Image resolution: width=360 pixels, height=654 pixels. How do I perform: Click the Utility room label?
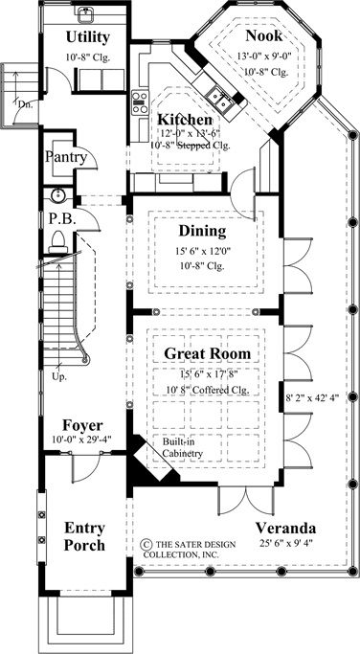tap(87, 37)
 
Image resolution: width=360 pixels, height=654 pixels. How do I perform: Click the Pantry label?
tap(66, 157)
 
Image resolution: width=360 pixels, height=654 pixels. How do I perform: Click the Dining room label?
tap(202, 231)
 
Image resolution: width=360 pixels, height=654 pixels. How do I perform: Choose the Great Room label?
tap(202, 353)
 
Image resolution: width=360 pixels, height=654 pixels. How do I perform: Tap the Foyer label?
tap(82, 424)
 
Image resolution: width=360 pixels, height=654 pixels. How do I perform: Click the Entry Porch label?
tap(84, 536)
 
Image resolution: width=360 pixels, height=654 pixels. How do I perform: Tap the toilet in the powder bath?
tap(59, 238)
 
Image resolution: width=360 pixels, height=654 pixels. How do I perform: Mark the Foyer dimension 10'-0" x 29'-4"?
tap(82, 440)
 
